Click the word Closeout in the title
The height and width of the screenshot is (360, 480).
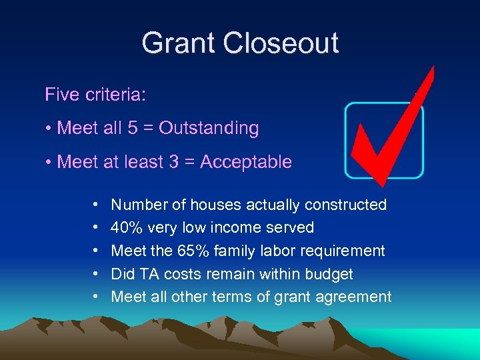tap(281, 43)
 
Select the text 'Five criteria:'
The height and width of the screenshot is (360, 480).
tap(95, 95)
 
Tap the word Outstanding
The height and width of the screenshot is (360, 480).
tap(209, 128)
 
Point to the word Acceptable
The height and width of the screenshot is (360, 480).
tap(246, 162)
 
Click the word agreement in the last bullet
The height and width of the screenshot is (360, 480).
tap(354, 297)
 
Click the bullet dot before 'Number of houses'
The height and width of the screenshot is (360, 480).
tap(96, 205)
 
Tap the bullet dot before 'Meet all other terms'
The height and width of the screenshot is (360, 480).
tap(96, 297)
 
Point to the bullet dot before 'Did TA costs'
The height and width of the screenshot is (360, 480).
tap(96, 274)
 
